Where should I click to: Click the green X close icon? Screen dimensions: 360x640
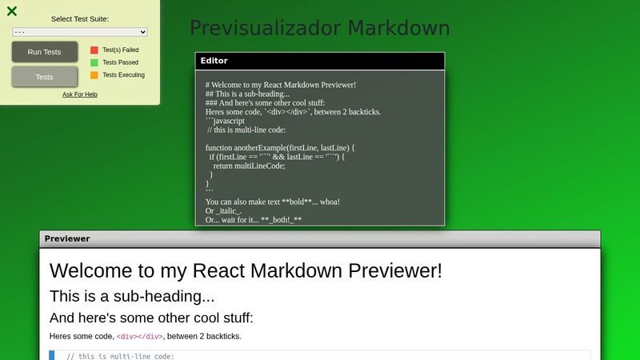(x=12, y=11)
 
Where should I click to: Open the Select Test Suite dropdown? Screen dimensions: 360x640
(x=80, y=32)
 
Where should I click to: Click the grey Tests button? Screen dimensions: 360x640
(x=45, y=77)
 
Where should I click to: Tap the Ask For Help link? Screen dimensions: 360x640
(x=80, y=94)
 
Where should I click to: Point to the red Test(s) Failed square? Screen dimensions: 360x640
(x=94, y=50)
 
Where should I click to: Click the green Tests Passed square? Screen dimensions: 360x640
(x=94, y=62)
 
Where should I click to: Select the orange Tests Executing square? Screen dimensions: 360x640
(x=94, y=75)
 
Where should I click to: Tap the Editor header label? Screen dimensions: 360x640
(x=214, y=61)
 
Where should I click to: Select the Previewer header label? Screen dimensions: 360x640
(x=67, y=238)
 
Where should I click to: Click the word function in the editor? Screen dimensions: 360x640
(x=219, y=148)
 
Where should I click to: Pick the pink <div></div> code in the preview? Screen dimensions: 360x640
(x=140, y=337)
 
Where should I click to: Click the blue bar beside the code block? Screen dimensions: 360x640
(x=52, y=355)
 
